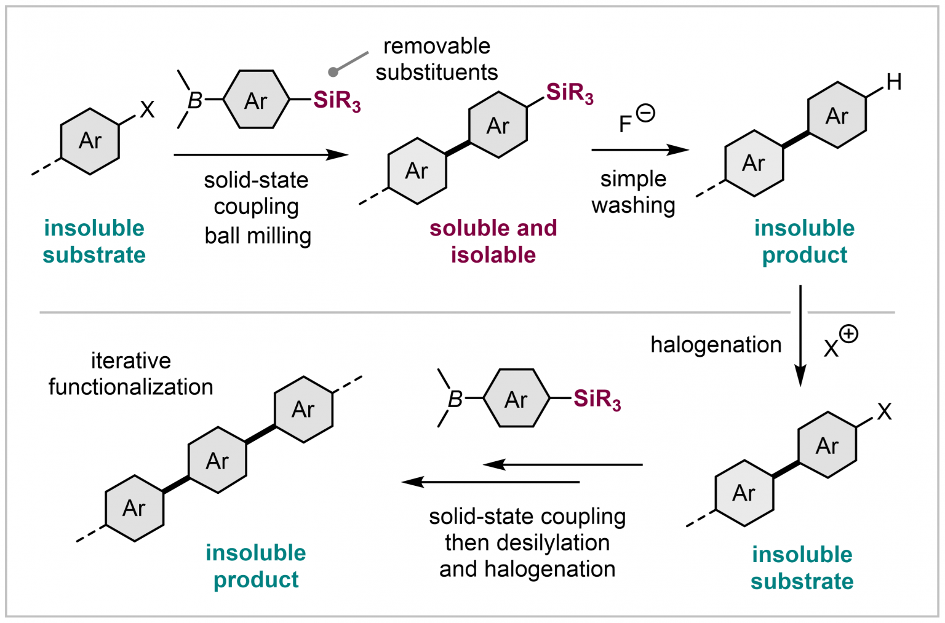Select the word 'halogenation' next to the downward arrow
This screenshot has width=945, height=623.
[716, 345]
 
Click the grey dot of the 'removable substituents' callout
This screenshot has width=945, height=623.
[333, 72]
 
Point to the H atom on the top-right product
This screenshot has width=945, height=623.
[894, 82]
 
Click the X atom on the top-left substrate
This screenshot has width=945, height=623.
[147, 109]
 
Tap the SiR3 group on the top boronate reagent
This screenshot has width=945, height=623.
[337, 100]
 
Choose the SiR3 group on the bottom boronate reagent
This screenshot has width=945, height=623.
[597, 399]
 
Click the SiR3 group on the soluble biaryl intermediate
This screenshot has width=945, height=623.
[569, 93]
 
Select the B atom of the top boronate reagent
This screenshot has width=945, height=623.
[195, 100]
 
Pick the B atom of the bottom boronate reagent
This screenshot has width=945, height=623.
[455, 399]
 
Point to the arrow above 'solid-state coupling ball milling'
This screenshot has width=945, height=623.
[261, 154]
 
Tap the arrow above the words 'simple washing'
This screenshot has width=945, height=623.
[639, 149]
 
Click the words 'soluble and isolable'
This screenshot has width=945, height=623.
[493, 241]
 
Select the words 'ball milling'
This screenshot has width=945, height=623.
[258, 236]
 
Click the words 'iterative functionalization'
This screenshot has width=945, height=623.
[130, 373]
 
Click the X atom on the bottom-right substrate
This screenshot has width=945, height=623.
[884, 411]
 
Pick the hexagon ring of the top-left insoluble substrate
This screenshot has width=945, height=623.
[90, 141]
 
